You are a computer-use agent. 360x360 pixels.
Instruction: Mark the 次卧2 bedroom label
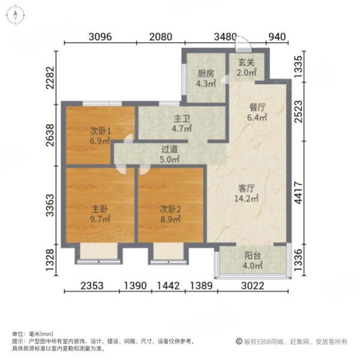click(x=170, y=209)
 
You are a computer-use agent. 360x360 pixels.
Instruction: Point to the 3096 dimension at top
click(x=100, y=37)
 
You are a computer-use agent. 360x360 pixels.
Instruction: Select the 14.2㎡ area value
click(x=247, y=197)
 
